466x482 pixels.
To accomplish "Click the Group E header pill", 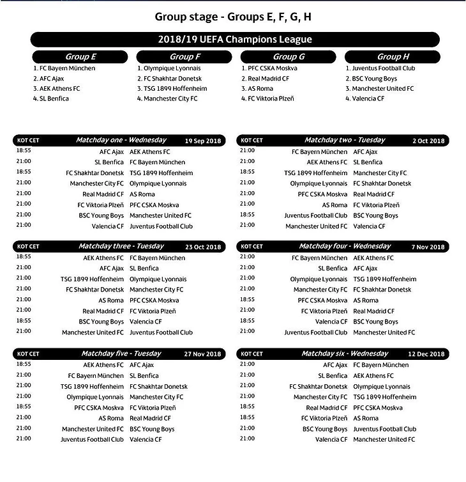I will pyautogui.click(x=80, y=57).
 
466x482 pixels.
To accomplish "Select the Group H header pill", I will pyautogui.click(x=393, y=57).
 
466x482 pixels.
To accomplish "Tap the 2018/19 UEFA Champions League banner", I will pyautogui.click(x=235, y=40).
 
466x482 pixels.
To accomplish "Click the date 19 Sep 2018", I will pyautogui.click(x=203, y=141).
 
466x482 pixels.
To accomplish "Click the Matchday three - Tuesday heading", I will pyautogui.click(x=121, y=247).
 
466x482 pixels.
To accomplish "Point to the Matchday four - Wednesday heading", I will pyautogui.click(x=345, y=247).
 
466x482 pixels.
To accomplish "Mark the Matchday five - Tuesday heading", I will pyautogui.click(x=121, y=354).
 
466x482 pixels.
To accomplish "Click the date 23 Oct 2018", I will pyautogui.click(x=203, y=247).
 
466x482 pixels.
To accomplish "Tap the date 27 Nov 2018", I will pyautogui.click(x=203, y=354).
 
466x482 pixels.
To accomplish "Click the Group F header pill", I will pyautogui.click(x=184, y=57).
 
